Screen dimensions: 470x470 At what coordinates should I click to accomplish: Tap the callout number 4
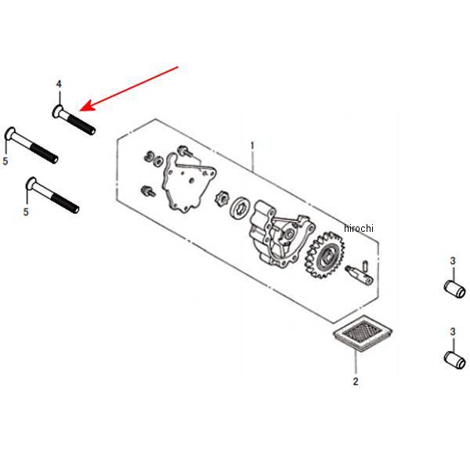[59, 85]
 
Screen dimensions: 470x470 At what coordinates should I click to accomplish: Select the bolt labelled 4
[74, 120]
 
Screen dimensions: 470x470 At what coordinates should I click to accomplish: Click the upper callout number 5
[5, 161]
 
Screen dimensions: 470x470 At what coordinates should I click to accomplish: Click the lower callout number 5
[26, 212]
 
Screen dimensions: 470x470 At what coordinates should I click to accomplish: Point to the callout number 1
[252, 146]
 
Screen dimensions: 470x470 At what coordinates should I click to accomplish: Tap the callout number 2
[356, 381]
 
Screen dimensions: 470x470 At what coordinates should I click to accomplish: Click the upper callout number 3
[453, 261]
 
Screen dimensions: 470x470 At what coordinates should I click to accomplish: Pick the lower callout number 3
[453, 332]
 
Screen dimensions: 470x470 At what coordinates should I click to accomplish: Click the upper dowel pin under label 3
[454, 289]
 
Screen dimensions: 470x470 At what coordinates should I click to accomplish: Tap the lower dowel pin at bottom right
[454, 360]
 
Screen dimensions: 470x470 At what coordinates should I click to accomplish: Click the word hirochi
[359, 228]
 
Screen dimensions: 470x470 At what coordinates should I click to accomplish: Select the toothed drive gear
[324, 256]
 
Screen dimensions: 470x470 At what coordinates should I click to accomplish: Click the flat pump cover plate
[189, 183]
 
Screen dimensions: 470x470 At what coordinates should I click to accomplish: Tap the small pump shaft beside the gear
[359, 273]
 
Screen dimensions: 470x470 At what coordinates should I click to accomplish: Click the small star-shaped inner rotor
[222, 198]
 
